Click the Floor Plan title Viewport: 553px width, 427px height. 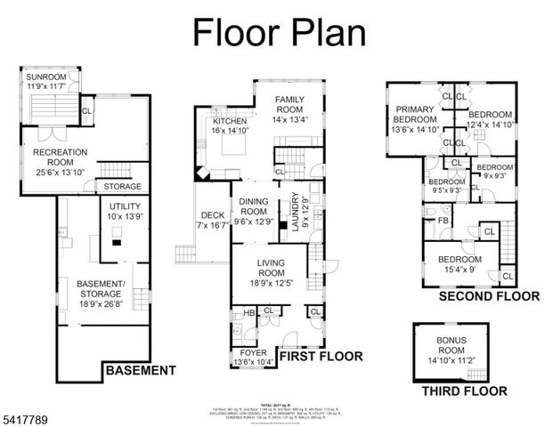point(280,32)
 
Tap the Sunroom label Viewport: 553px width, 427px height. point(45,82)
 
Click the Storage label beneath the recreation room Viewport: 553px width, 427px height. point(122,187)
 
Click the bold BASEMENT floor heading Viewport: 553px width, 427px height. point(140,370)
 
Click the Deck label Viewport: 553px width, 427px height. point(212,221)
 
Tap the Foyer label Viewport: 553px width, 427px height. point(252,358)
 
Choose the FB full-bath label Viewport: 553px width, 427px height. point(442,220)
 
